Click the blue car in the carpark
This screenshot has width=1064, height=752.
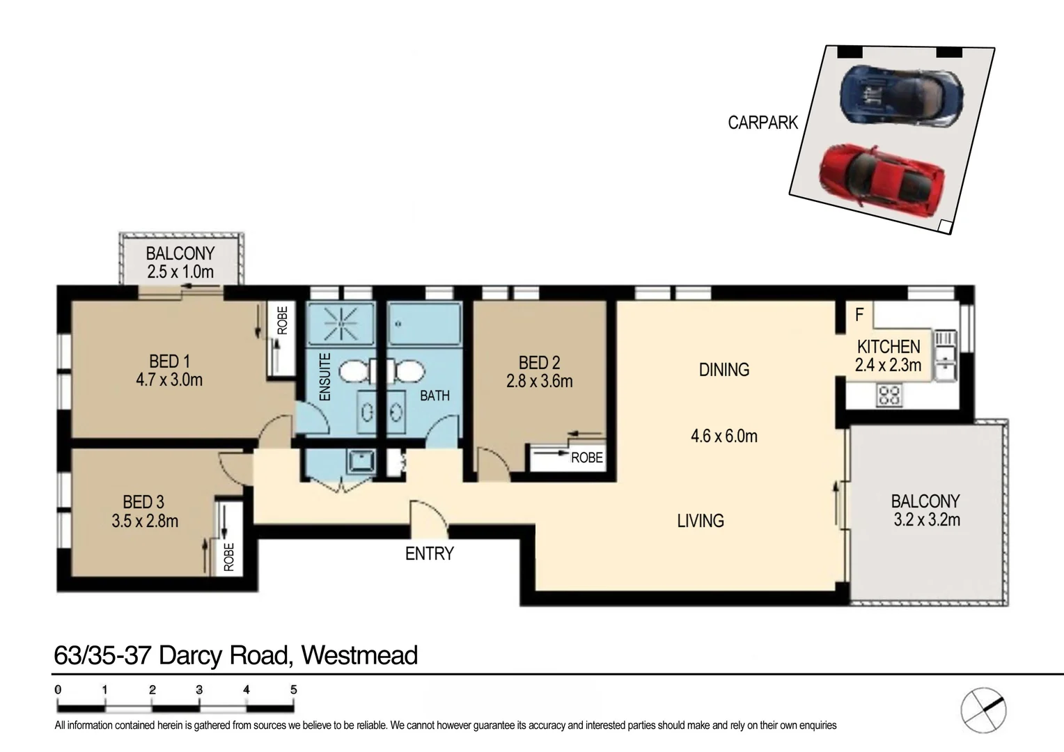point(902,97)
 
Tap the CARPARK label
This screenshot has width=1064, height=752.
point(762,123)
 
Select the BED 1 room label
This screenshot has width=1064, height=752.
point(169,361)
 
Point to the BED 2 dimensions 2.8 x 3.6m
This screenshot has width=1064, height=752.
point(540,382)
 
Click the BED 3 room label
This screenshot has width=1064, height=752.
point(143,502)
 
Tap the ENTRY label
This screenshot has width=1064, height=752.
point(429,554)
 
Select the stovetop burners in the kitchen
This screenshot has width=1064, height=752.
point(889,396)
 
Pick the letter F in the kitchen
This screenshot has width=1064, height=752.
point(859,315)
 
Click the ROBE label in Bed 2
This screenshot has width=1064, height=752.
point(586,457)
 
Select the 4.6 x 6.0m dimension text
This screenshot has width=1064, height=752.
point(723,437)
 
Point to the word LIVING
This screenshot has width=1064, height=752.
point(701,521)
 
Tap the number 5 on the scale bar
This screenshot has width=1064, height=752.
point(293,689)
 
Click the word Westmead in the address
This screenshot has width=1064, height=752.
point(359,655)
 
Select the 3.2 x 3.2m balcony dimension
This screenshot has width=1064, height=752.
point(925,520)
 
